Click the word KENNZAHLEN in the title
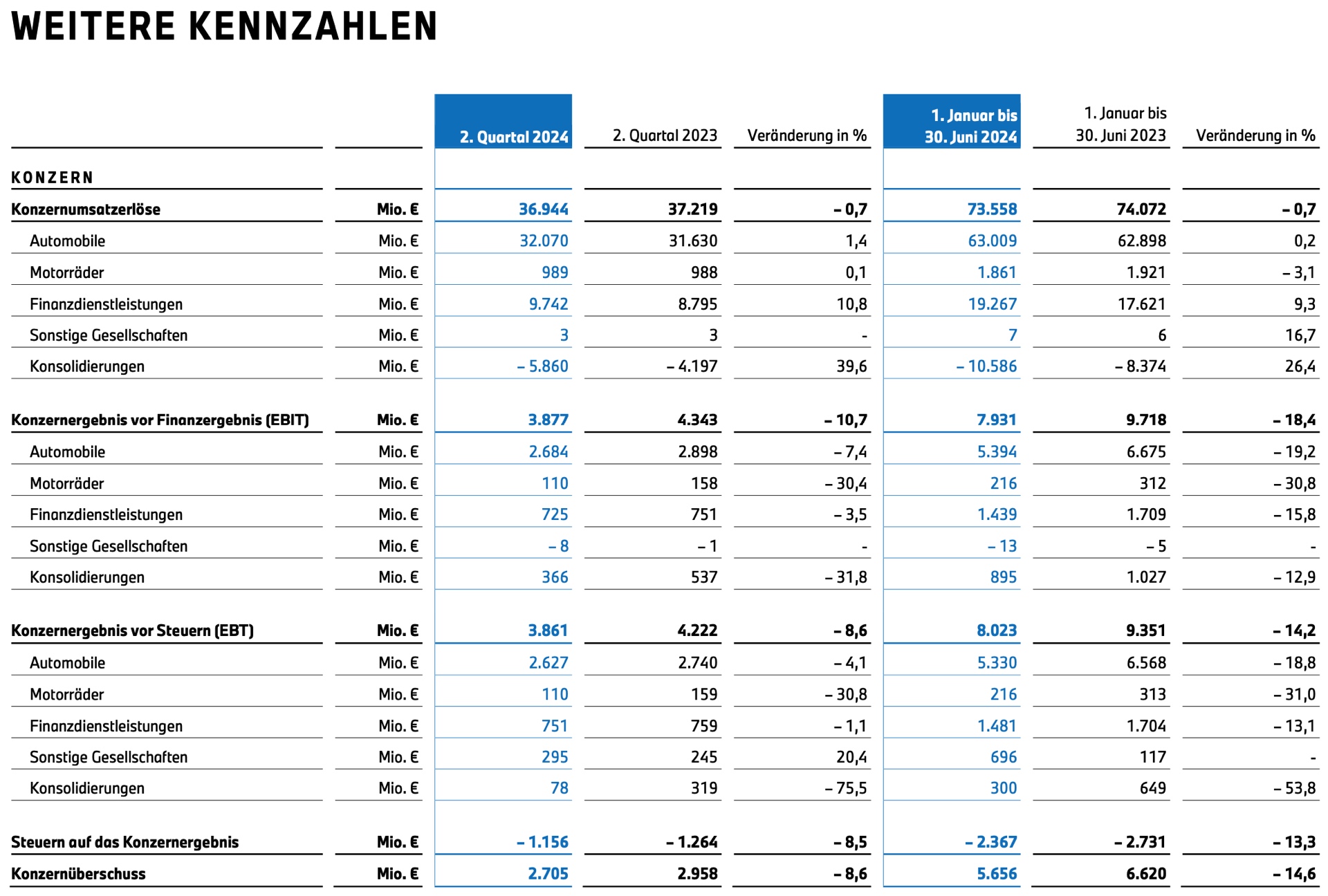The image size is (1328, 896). pos(313,26)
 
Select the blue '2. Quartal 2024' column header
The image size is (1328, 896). pos(514,137)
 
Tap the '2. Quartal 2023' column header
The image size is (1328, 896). pos(665,136)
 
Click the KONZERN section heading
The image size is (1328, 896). pos(53,178)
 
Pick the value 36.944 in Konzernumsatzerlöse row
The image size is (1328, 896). pos(544,209)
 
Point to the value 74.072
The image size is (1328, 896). pos(1141,209)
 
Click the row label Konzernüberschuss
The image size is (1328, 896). pos(78,874)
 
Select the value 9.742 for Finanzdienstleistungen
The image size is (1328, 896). pos(548,304)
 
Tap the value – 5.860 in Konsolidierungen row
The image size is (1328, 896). pos(542,366)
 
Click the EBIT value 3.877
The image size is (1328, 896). pos(548,420)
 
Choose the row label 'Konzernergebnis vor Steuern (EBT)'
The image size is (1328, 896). pos(132,631)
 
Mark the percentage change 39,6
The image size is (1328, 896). pos(851,366)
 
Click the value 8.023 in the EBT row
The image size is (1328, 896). pos(997,631)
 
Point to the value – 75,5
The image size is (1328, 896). pos(845,788)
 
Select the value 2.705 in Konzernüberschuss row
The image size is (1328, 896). pos(548,874)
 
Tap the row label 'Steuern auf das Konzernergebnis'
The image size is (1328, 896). pos(124,842)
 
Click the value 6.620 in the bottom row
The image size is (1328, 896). pos(1146,874)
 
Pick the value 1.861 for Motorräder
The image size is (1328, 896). pos(997,272)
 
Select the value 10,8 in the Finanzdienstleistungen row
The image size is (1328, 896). pos(851,304)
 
